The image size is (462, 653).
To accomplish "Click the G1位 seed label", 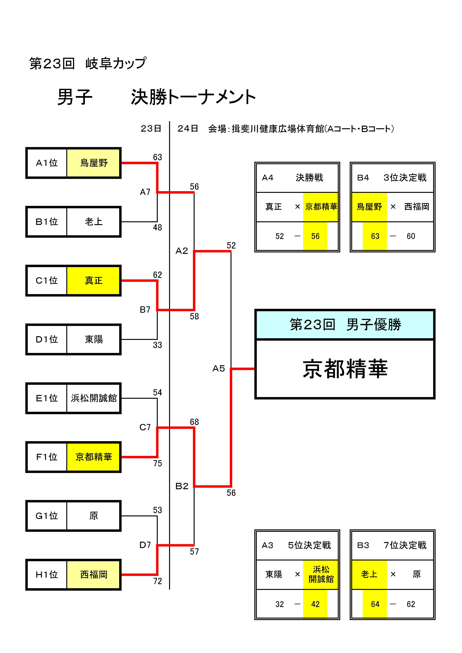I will coord(47,516).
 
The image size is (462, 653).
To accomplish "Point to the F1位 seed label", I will coord(47,457).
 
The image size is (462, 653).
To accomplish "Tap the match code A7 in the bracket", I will coord(145,192).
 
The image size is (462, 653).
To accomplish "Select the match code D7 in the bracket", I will coord(145,545).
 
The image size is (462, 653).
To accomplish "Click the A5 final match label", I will coord(218,369).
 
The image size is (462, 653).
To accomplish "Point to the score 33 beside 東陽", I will coord(157,345).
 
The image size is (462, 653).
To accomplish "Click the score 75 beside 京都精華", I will coord(157,463).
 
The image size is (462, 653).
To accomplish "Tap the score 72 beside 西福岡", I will coord(157,581).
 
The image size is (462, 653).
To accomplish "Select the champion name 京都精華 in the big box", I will coord(345,369).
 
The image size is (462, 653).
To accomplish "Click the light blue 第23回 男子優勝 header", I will coord(345,324).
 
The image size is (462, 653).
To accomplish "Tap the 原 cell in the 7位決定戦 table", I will coord(417,574).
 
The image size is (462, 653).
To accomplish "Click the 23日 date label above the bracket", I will coord(151,129).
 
